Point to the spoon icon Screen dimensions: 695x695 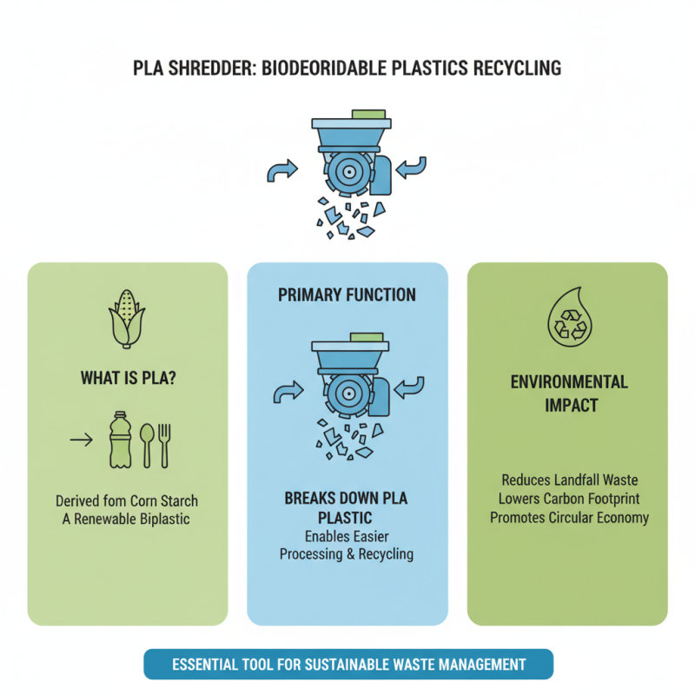tap(147, 443)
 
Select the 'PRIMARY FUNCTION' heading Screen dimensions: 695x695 tap(347, 295)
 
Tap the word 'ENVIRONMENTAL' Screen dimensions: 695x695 tap(569, 382)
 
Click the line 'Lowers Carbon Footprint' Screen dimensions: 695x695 tap(568, 499)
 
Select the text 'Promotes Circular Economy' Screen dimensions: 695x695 tap(568, 518)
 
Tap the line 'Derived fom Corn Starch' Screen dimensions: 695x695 tap(127, 501)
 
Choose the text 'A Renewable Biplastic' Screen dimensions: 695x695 tap(127, 520)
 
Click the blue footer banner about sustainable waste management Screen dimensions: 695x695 tap(347, 665)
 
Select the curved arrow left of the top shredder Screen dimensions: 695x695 tap(281, 172)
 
